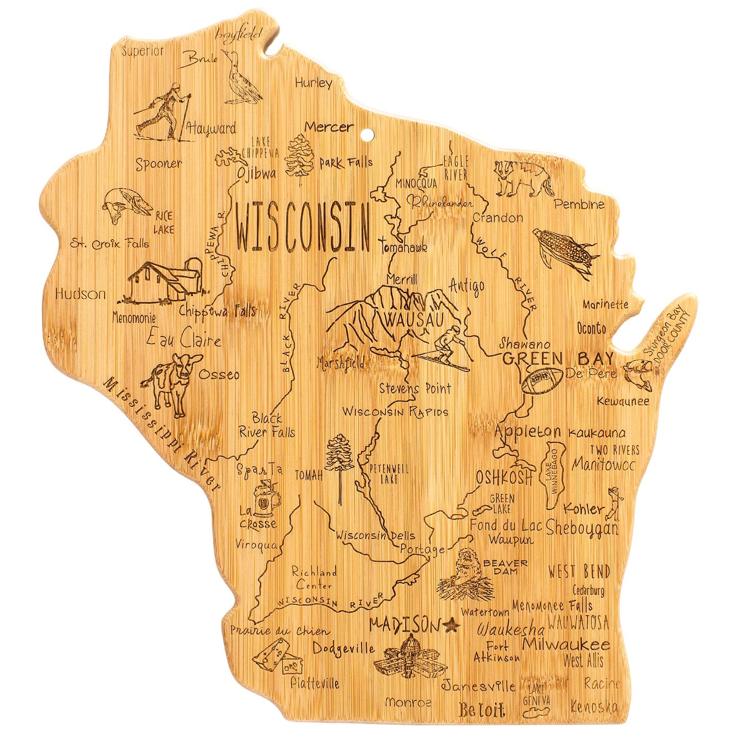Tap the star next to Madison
pos(452,625)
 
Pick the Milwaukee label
pos(566,644)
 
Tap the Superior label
pos(143,51)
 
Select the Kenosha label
pos(594,707)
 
